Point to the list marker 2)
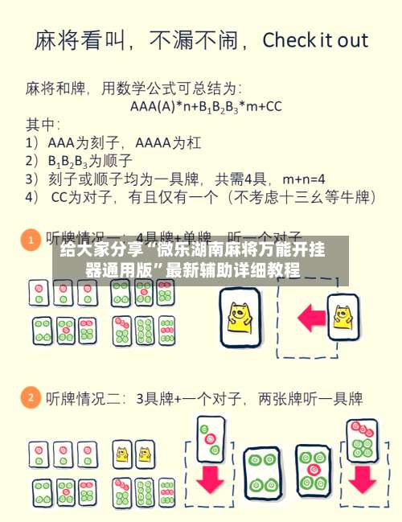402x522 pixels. pyautogui.click(x=34, y=158)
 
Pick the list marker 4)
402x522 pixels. pyautogui.click(x=34, y=195)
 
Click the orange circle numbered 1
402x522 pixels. pyautogui.click(x=30, y=240)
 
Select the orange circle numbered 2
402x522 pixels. pyautogui.click(x=30, y=397)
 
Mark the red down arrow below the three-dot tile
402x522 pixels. pyautogui.click(x=210, y=478)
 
